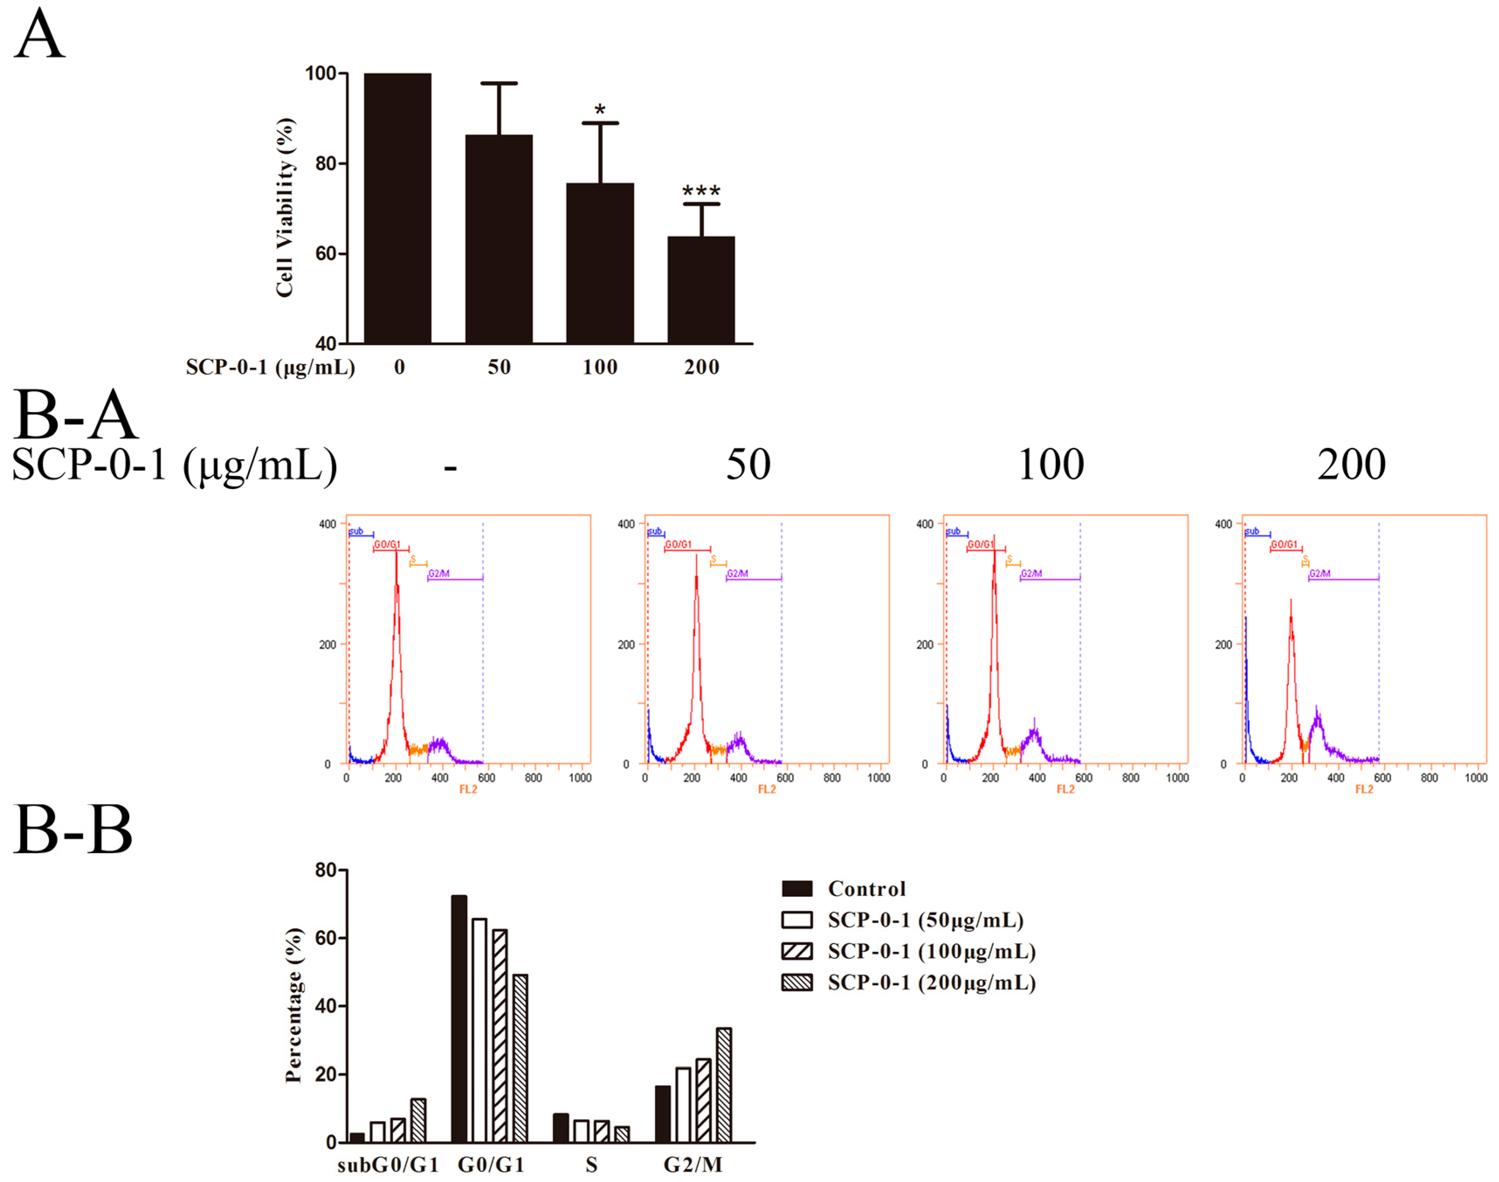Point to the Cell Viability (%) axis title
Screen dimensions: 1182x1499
coord(285,207)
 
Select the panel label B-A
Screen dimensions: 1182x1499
coord(75,415)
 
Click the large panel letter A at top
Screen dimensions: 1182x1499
coord(39,34)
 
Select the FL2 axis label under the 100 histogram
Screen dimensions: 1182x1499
coord(1065,789)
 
